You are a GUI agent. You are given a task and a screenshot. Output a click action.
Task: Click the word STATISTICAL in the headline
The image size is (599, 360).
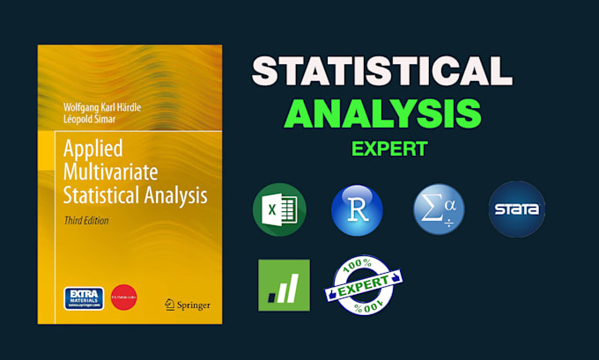pos(381,70)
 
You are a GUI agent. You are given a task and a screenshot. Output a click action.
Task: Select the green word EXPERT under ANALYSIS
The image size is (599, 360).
pos(388,148)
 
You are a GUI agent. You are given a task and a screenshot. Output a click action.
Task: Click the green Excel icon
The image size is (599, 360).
pos(278,210)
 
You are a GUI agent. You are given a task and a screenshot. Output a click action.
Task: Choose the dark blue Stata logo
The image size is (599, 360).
pos(517,209)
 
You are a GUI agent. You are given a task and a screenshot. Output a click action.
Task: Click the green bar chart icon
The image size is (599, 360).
pos(284,284)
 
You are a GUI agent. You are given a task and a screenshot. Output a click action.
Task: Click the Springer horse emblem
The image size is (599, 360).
pos(171,304)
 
